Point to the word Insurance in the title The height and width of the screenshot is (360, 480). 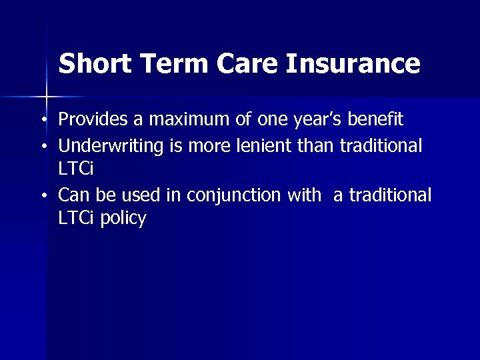coord(353,64)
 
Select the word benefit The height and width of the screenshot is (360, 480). coord(376,120)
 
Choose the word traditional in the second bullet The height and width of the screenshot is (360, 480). coord(381,145)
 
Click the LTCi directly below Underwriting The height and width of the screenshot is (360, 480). coord(76,169)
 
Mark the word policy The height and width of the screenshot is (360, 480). coord(123,219)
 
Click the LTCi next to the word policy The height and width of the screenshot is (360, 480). coord(76,219)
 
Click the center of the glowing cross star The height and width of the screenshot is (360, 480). coord(47,97)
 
